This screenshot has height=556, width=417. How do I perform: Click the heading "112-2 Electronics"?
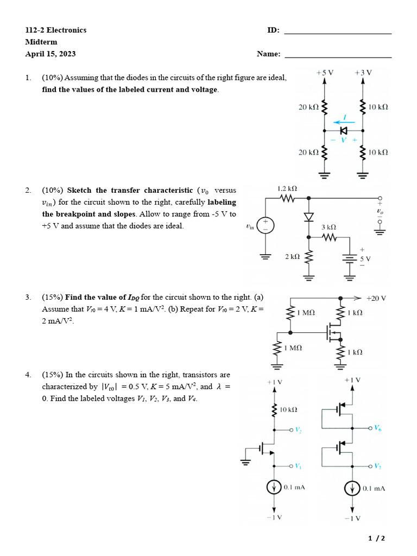coord(55,30)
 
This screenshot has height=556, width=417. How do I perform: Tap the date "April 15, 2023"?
coord(50,54)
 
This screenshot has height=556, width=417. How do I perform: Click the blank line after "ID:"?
coord(338,33)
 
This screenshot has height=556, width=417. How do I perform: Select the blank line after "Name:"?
coord(338,56)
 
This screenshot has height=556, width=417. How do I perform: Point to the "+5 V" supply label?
coord(325,72)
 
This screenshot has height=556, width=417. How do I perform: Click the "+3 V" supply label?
coord(363,72)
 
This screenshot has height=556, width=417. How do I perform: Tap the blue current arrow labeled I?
coord(341,121)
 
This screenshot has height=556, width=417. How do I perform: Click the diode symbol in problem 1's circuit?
coord(343,131)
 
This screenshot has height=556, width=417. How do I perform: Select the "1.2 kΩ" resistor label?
coord(287,188)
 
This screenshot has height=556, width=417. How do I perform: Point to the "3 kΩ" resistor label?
coord(329,227)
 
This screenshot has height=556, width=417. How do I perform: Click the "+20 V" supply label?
coord(376,298)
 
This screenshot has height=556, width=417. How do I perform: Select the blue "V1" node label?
coord(298,466)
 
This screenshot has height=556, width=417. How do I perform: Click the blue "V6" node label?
coord(377,428)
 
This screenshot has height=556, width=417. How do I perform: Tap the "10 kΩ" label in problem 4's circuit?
coord(288,409)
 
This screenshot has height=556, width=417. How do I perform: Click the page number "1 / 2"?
coord(376,538)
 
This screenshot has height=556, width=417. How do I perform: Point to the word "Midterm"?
coord(41,42)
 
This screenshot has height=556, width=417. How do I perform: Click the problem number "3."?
coord(28,297)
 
